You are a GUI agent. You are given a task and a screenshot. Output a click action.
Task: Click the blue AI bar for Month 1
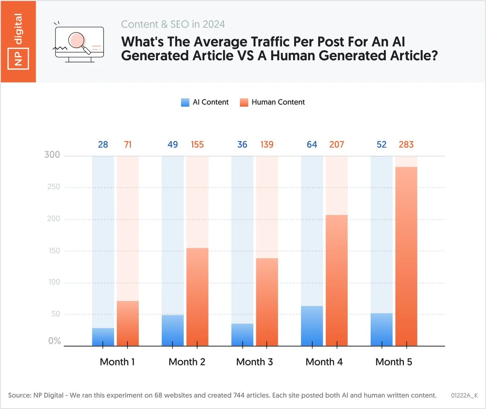click(x=103, y=337)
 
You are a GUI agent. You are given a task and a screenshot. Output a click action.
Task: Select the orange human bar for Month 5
click(x=406, y=256)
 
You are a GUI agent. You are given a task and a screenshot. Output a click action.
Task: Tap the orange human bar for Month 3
click(x=267, y=302)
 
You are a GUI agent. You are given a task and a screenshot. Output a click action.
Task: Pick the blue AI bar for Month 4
click(x=312, y=326)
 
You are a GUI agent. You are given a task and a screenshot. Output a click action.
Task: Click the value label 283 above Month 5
click(x=406, y=144)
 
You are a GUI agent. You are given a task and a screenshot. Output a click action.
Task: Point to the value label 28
click(x=103, y=144)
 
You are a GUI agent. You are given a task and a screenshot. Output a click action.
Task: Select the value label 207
click(x=336, y=144)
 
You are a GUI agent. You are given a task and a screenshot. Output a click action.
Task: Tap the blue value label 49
click(x=173, y=144)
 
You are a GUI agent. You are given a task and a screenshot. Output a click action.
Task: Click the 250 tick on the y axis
click(x=53, y=187)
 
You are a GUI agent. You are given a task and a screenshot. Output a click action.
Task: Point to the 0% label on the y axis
click(x=54, y=341)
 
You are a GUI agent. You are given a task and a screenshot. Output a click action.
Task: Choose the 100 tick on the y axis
click(x=54, y=282)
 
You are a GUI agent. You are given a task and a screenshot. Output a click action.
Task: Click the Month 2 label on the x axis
click(x=187, y=362)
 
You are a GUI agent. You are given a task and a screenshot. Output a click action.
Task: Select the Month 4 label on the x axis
click(x=324, y=362)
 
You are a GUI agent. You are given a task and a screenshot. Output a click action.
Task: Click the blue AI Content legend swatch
click(x=185, y=103)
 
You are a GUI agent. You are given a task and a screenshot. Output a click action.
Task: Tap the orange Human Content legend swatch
click(x=244, y=103)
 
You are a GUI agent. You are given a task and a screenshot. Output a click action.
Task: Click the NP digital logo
click(x=18, y=42)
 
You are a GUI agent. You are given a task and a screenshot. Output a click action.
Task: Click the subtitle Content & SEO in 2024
click(x=173, y=24)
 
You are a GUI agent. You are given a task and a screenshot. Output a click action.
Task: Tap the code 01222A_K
click(x=464, y=395)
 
